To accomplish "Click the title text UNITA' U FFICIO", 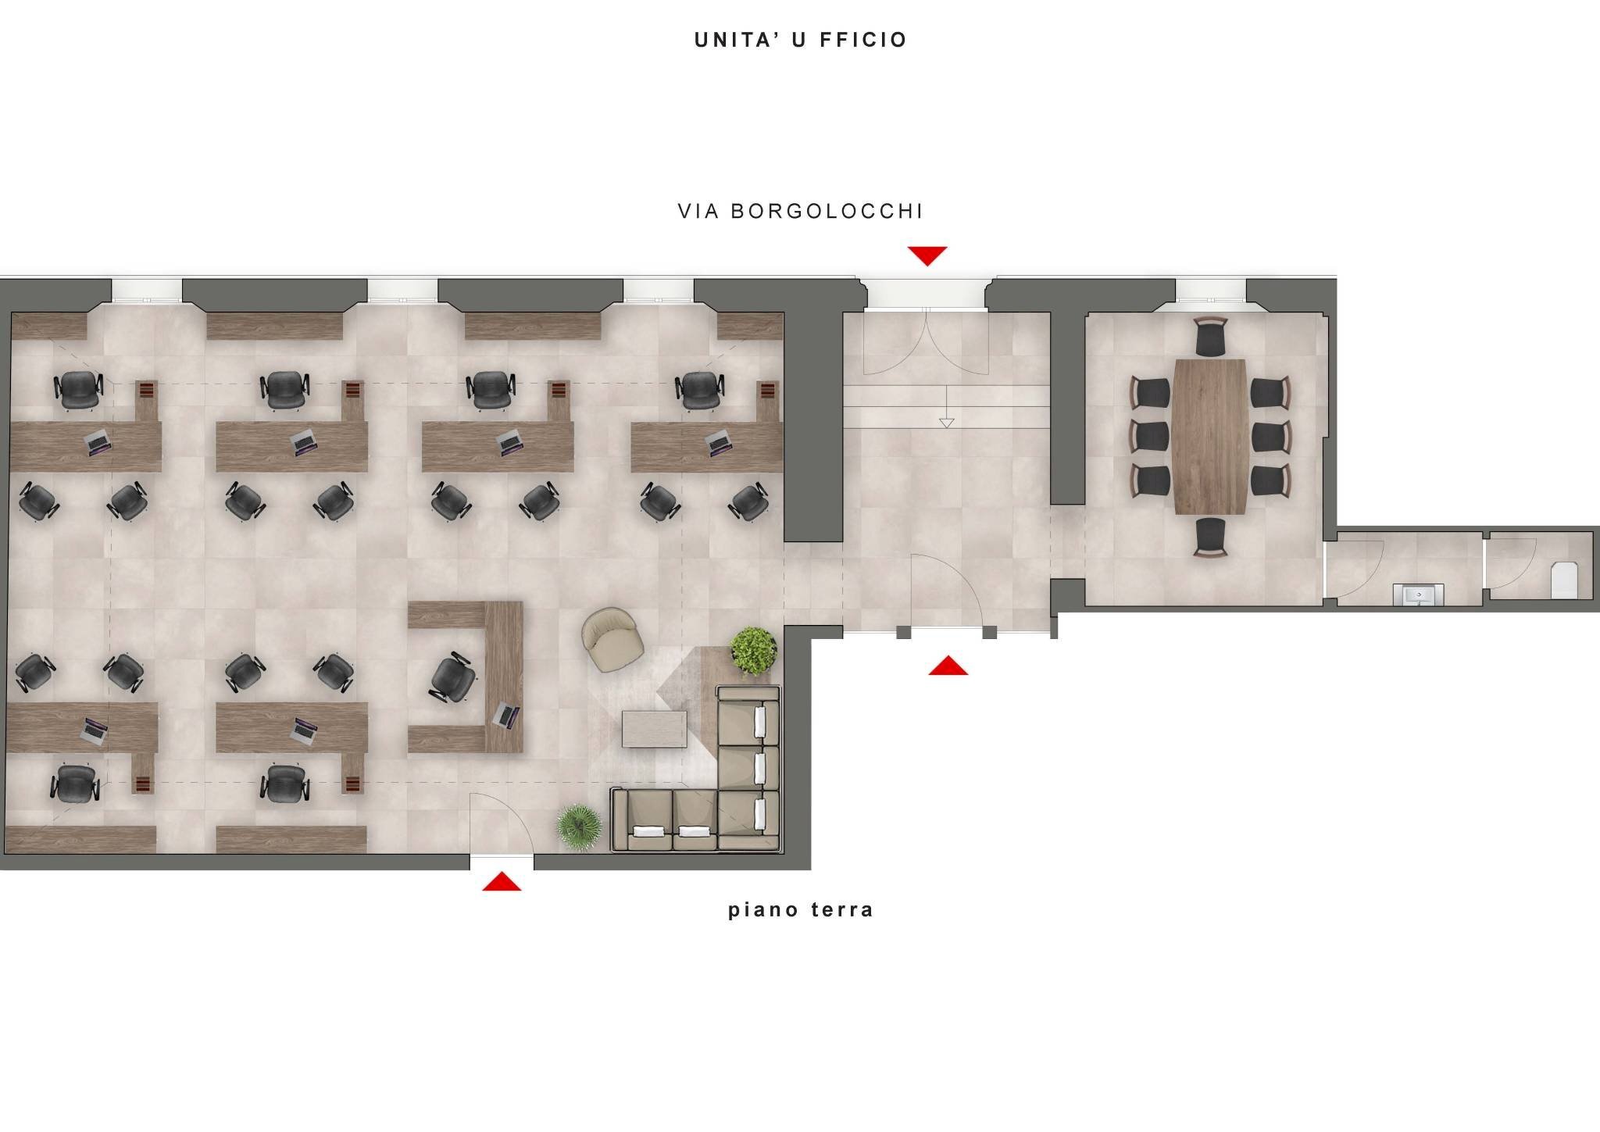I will (800, 40).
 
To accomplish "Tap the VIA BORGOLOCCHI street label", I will (800, 211).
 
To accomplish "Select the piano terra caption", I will (800, 910).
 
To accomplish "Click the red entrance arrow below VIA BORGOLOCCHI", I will (927, 255).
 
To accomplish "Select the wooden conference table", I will (1209, 436).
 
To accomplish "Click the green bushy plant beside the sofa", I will (753, 649).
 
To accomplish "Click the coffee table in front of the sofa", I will (655, 728).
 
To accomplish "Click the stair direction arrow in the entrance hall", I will (947, 423).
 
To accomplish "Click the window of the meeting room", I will (1211, 291).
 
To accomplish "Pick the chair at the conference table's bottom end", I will (1211, 538).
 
